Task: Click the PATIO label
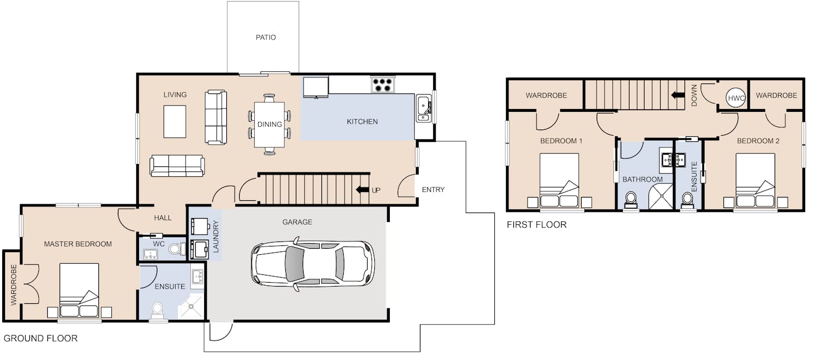(x=266, y=37)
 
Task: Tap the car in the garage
(x=313, y=264)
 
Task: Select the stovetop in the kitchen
(x=383, y=85)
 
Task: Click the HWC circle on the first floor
(x=736, y=98)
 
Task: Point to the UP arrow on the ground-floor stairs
(x=363, y=190)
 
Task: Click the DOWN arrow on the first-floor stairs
(x=678, y=95)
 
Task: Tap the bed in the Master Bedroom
(x=79, y=290)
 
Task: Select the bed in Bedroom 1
(x=559, y=180)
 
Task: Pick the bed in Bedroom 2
(x=755, y=180)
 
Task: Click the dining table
(x=269, y=124)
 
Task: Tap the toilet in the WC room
(x=176, y=249)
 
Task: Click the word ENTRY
(x=433, y=190)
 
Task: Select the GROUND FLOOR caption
(x=41, y=338)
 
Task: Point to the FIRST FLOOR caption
(x=537, y=225)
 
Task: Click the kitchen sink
(x=424, y=108)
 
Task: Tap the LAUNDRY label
(x=216, y=236)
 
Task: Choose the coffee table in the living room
(x=175, y=122)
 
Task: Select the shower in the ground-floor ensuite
(x=191, y=306)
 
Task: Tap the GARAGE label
(x=298, y=222)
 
